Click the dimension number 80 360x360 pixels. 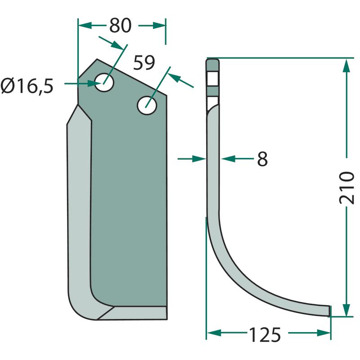(120, 25)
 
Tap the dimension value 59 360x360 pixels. (144, 63)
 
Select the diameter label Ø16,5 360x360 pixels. (27, 86)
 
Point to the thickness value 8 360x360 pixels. (262, 159)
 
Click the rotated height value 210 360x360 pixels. (346, 188)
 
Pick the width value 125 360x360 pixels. (265, 334)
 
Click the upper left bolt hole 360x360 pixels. (104, 83)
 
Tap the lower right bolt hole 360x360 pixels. (147, 105)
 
